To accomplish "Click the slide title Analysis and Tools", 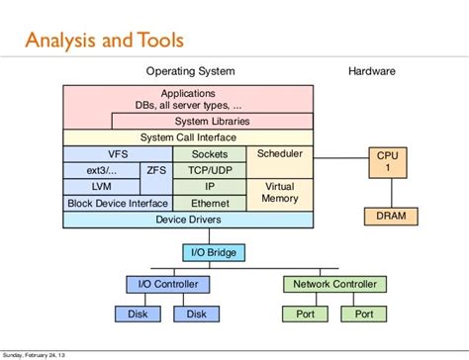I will click(x=105, y=41).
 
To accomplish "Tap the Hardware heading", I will click(x=372, y=72).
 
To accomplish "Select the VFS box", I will click(x=118, y=154).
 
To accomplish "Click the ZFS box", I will click(x=156, y=170).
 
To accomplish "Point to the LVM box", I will click(x=103, y=186).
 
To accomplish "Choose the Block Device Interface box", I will click(x=118, y=203).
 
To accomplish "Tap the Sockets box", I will click(x=209, y=154).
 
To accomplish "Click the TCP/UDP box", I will click(x=209, y=170).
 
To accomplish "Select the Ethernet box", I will click(x=209, y=203).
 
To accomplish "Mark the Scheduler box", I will click(x=280, y=154).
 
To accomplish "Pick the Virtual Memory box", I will click(x=280, y=193).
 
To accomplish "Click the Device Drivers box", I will click(x=188, y=220).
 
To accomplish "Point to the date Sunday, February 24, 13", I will click(x=43, y=354).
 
